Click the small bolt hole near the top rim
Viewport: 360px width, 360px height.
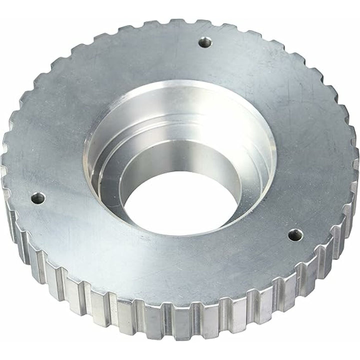point(203,43)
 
